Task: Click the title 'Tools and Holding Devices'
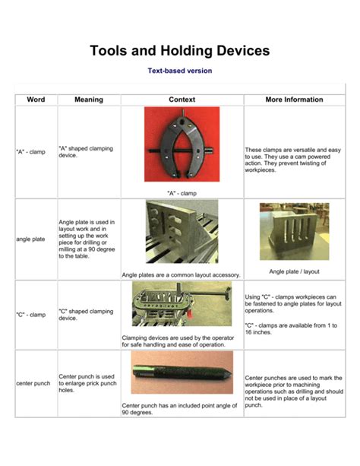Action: pyautogui.click(x=179, y=51)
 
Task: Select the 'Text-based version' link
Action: pyautogui.click(x=179, y=71)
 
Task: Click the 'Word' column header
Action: pyautogui.click(x=36, y=100)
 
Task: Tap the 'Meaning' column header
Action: pyautogui.click(x=89, y=100)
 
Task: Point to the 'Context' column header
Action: pyautogui.click(x=182, y=100)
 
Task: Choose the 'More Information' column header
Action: pyautogui.click(x=294, y=100)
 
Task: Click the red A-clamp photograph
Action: pyautogui.click(x=182, y=144)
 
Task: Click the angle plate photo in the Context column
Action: pyautogui.click(x=182, y=231)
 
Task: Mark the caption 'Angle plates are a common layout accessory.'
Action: pyautogui.click(x=182, y=274)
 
